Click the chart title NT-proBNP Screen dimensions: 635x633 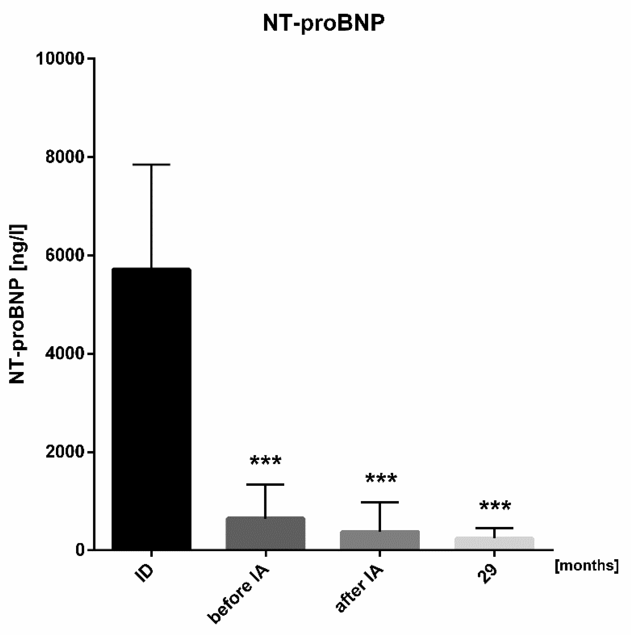pos(324,24)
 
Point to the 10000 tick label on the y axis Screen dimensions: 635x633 pos(60,59)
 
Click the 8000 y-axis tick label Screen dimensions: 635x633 pos(65,157)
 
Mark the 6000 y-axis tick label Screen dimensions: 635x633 pos(65,255)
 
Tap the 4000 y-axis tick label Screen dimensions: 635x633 pos(65,354)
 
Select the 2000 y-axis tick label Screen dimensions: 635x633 pos(65,452)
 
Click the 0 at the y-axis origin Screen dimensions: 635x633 pos(81,550)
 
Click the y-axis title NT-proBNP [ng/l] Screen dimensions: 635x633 pos(18,304)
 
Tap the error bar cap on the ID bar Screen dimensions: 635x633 pos(151,164)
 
